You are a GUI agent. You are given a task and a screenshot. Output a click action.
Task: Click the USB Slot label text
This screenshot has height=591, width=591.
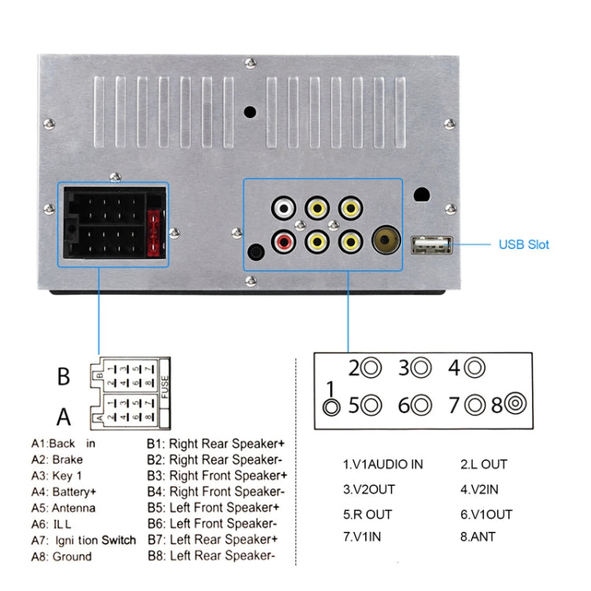pyautogui.click(x=523, y=244)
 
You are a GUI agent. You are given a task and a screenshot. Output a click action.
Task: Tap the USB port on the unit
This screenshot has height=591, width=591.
pyautogui.click(x=430, y=245)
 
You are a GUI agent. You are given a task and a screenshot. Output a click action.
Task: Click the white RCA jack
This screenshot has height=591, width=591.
pyautogui.click(x=284, y=209)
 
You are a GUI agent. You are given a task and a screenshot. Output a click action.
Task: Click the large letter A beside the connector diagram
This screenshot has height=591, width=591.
pyautogui.click(x=64, y=415)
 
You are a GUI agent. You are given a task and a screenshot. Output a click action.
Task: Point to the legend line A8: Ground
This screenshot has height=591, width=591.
pyautogui.click(x=61, y=556)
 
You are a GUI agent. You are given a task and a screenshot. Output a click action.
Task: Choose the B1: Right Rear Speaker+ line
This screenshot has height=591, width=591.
pyautogui.click(x=217, y=444)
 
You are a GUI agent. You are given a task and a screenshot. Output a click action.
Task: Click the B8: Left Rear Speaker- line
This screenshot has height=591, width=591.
pyautogui.click(x=210, y=556)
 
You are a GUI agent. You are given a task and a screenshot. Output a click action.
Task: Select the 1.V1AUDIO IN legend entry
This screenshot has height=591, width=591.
pyautogui.click(x=383, y=464)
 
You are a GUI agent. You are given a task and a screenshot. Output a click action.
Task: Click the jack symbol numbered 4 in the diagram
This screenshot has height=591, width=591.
pyautogui.click(x=474, y=367)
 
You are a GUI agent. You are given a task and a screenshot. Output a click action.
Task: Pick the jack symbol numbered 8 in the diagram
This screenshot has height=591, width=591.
pyautogui.click(x=516, y=405)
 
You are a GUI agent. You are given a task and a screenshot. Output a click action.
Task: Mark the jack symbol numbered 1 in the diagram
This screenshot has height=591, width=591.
pyautogui.click(x=333, y=407)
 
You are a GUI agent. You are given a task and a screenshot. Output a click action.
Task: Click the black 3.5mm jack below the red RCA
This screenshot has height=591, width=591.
pyautogui.click(x=257, y=253)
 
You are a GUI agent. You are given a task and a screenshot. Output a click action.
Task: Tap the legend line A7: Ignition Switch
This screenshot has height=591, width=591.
pyautogui.click(x=84, y=540)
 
